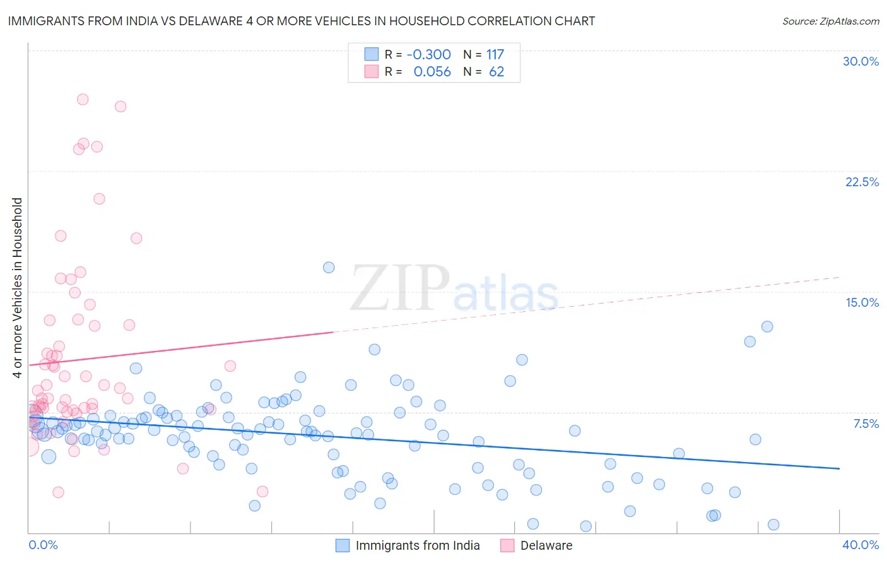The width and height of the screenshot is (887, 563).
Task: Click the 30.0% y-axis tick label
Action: (861, 61)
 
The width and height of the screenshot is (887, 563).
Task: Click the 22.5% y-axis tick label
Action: (862, 182)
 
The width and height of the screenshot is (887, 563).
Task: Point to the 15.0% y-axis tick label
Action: (862, 302)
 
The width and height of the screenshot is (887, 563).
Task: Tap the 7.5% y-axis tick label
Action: (866, 424)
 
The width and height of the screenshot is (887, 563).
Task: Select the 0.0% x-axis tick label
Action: (43, 545)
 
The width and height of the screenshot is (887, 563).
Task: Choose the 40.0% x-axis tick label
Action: (860, 545)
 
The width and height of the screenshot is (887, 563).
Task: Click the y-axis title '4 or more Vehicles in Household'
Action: (17, 288)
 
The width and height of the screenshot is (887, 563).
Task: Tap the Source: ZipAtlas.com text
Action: (830, 21)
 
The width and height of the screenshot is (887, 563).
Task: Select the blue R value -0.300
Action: (428, 54)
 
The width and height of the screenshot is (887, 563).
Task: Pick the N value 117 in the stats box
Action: (495, 54)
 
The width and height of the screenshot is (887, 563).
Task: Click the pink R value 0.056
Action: (432, 71)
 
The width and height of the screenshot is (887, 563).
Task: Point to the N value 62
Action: (496, 71)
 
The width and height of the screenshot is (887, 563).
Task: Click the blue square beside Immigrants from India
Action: (343, 545)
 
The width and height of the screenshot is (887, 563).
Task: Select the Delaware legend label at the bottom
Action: (546, 545)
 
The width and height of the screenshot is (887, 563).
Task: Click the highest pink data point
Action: (83, 99)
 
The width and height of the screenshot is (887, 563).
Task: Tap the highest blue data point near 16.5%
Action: (329, 267)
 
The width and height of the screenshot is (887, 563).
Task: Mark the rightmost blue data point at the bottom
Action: (773, 524)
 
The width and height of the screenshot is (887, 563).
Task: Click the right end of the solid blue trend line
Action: (839, 468)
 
